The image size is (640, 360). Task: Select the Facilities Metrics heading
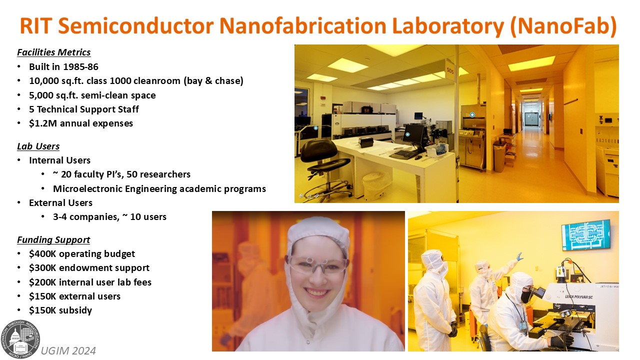(53, 52)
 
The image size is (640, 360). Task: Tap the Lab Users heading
(38, 146)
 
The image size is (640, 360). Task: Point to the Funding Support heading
(53, 239)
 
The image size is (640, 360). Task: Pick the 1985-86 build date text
(80, 67)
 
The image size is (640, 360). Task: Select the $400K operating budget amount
(42, 253)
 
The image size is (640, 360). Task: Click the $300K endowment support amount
(42, 268)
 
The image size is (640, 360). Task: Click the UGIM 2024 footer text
(68, 351)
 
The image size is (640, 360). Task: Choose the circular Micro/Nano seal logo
(20, 339)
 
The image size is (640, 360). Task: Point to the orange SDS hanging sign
(450, 70)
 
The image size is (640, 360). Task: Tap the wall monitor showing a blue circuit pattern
(585, 235)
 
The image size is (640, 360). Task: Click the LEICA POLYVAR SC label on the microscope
(578, 297)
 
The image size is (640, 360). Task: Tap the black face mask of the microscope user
(525, 297)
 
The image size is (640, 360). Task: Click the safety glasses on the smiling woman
(317, 265)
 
